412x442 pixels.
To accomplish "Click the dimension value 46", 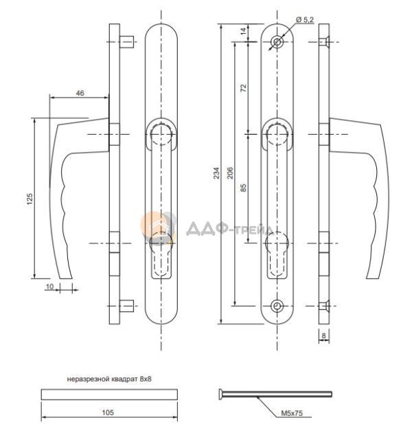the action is [80, 93].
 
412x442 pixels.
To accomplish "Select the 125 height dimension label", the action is [30, 199].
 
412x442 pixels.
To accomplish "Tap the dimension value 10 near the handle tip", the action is [49, 287].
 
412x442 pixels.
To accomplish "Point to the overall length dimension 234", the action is [216, 173].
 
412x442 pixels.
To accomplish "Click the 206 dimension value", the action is [230, 173].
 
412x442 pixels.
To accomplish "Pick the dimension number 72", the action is [243, 88].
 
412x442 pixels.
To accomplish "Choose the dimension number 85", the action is [243, 188].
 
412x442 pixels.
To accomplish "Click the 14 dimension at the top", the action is [243, 31].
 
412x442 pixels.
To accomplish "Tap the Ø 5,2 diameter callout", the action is [305, 19].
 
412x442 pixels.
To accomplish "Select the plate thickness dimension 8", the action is [323, 335].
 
